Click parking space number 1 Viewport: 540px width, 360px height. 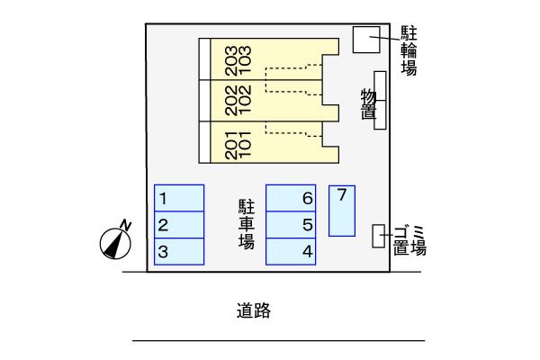[179, 198]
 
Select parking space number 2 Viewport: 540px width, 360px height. [179, 225]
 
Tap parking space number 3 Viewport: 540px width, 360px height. [179, 251]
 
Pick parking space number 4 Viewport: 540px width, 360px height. [291, 251]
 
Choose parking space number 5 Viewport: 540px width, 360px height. [291, 225]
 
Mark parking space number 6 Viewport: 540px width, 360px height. [291, 198]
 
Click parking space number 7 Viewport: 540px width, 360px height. [341, 211]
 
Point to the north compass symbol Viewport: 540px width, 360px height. [115, 241]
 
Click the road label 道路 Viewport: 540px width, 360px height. [254, 311]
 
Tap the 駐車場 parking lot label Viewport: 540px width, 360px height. [246, 223]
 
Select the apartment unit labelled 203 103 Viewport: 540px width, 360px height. [270, 59]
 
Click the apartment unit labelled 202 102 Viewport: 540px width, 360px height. [270, 101]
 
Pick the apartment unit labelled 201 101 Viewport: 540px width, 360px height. [270, 142]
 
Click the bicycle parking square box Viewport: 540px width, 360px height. [364, 40]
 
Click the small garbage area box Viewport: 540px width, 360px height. [379, 236]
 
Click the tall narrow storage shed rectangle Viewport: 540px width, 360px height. [380, 100]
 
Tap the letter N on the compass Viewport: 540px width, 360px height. [126, 224]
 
